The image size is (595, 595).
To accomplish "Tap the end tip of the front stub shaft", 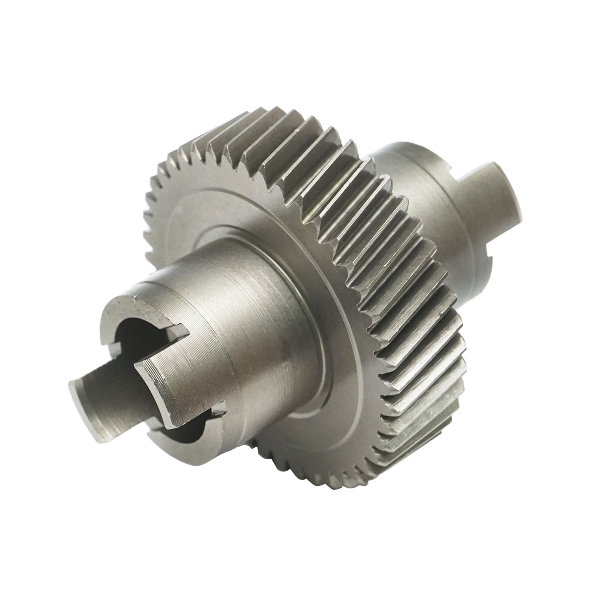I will (x=74, y=392).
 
